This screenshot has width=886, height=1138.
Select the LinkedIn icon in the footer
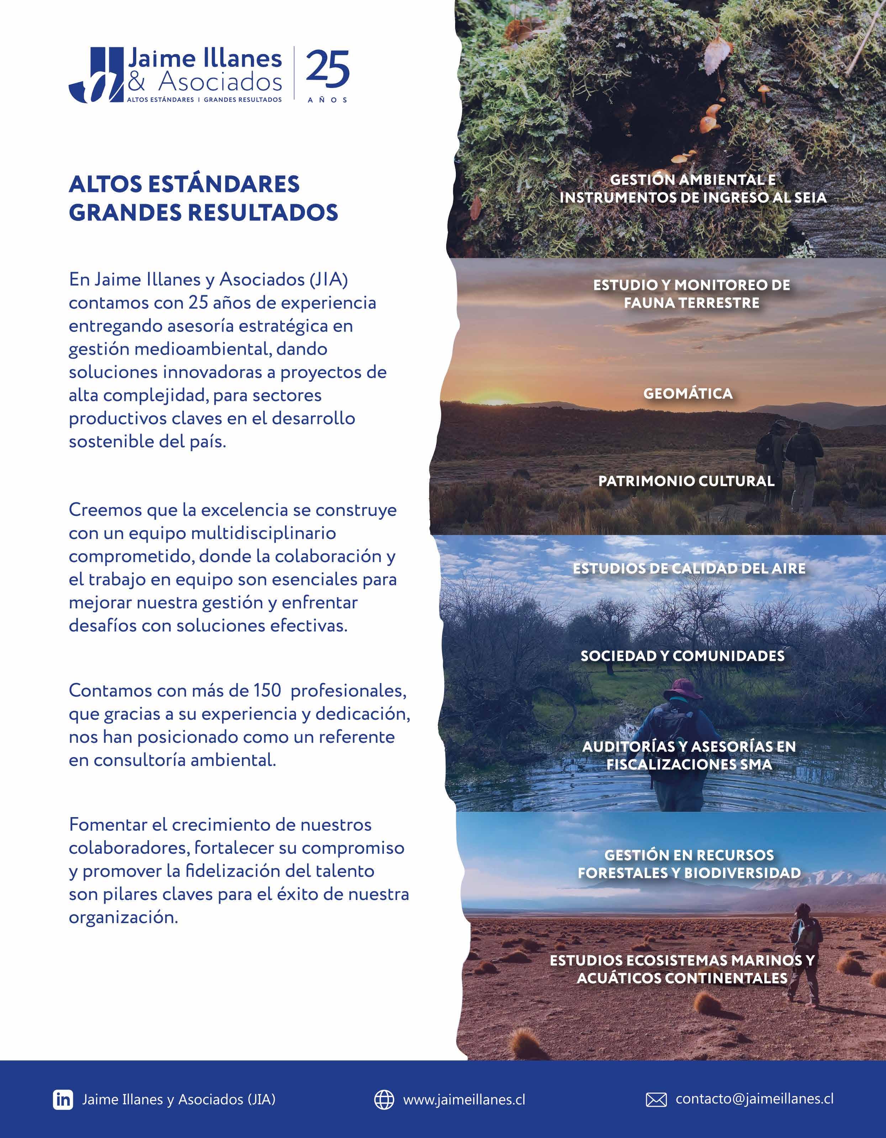[63, 1100]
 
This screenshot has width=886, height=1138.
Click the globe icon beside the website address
[384, 1100]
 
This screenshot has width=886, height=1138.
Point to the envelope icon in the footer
[656, 1100]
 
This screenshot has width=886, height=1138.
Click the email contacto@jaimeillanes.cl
[754, 1099]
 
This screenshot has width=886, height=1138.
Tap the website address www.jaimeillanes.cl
[464, 1100]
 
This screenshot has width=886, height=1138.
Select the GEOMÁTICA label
[688, 393]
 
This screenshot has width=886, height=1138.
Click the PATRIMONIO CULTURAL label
[686, 481]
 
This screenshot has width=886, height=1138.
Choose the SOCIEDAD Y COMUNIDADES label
[682, 656]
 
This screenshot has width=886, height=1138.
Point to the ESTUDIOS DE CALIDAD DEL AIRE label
[689, 568]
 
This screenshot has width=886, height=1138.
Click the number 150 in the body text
[267, 690]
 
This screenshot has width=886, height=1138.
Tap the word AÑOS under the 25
[327, 100]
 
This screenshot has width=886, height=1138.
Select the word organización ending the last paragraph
[123, 917]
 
